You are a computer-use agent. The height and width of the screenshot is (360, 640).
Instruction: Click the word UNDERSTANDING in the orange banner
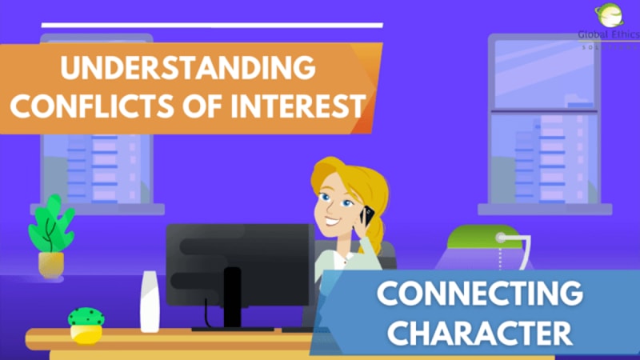click(x=187, y=68)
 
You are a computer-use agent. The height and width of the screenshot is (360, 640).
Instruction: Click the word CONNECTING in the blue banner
click(x=481, y=295)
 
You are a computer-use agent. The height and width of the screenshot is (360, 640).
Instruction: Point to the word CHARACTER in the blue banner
click(x=481, y=330)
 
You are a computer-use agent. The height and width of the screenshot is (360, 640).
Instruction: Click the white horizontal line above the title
click(x=212, y=26)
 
